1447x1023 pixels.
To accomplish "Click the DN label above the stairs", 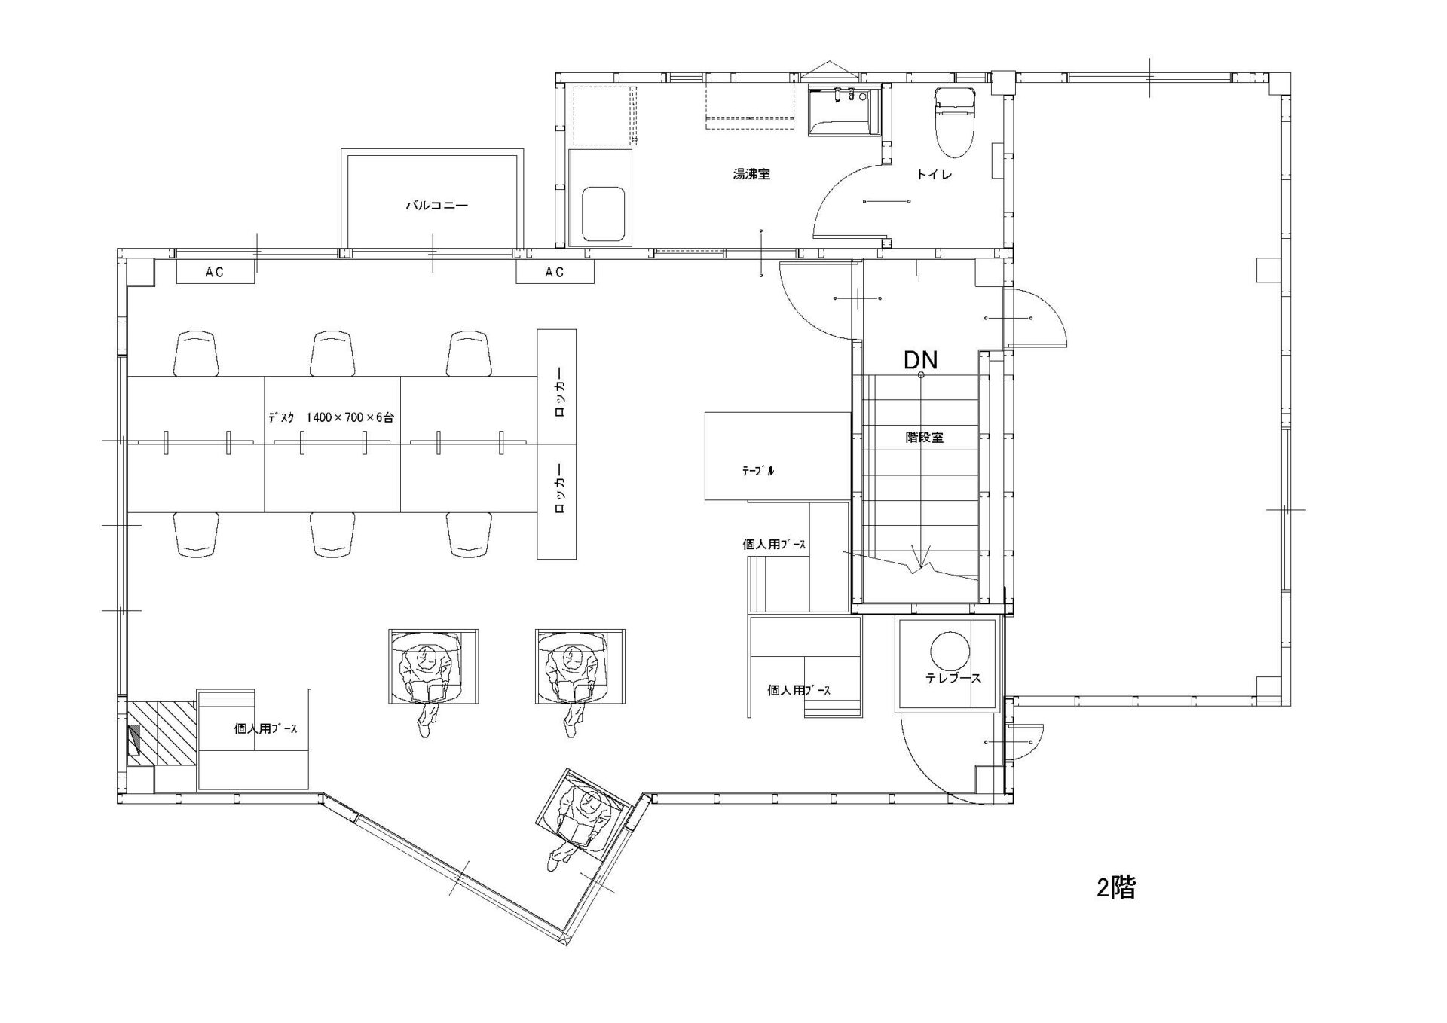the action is (920, 360).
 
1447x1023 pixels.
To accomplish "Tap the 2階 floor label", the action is (1115, 888).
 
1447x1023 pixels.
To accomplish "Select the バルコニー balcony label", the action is (437, 205).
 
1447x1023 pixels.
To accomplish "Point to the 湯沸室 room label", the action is (751, 175).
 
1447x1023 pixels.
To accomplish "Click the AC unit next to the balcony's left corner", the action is (215, 272).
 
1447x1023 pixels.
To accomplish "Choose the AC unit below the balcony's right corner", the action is (555, 272).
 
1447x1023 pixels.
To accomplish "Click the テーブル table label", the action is (758, 472).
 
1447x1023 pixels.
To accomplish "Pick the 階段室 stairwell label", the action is (924, 437).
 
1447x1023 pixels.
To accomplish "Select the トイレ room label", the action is (935, 175).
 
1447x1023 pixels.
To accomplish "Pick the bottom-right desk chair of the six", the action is (470, 535).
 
